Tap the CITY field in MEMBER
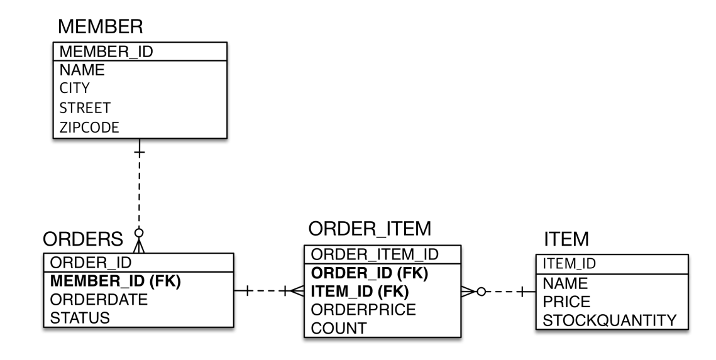(x=74, y=89)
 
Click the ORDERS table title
(x=82, y=239)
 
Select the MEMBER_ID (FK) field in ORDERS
(x=114, y=282)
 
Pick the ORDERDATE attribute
(x=98, y=300)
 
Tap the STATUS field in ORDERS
(x=79, y=318)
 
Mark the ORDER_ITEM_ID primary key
(x=375, y=254)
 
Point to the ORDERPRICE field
(x=364, y=310)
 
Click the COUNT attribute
(x=336, y=328)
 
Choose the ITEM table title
(x=565, y=239)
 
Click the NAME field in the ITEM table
(x=565, y=283)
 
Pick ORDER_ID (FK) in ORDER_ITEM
(x=369, y=273)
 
